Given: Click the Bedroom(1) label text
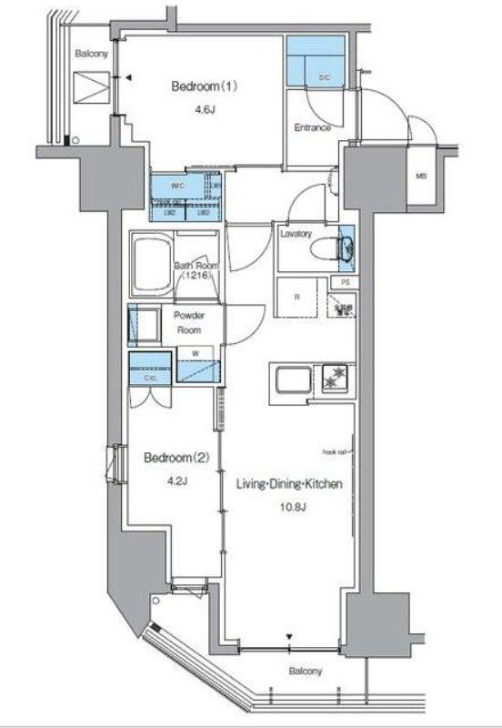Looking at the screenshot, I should [205, 86].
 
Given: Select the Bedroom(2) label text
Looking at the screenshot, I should [176, 458].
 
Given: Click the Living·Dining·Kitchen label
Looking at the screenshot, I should [289, 485].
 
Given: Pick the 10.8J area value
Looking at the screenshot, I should [289, 510].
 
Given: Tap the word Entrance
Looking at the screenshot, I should [312, 127].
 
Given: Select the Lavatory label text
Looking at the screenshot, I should [296, 233].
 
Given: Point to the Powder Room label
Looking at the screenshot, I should [188, 322].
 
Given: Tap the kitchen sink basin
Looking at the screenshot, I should [291, 380].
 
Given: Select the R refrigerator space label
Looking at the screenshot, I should [297, 297].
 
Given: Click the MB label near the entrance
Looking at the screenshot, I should [421, 176].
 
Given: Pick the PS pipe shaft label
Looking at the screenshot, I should [345, 284].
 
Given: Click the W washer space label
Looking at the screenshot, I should [196, 351].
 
